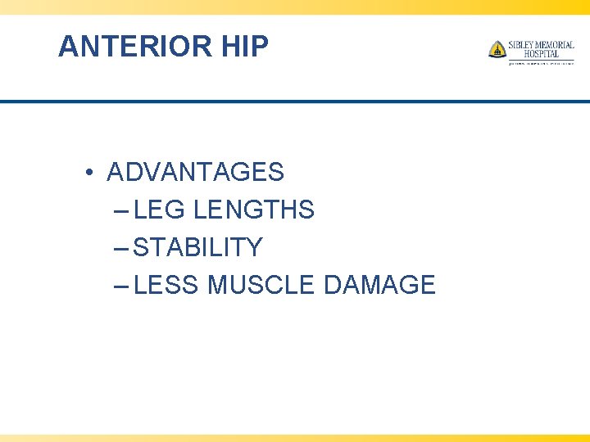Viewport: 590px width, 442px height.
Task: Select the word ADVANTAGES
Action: click(x=195, y=173)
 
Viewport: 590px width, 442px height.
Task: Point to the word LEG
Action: click(x=159, y=210)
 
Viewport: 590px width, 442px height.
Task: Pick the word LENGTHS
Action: click(x=254, y=210)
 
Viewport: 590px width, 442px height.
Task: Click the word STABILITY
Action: click(x=197, y=247)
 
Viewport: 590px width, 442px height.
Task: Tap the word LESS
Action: click(x=167, y=285)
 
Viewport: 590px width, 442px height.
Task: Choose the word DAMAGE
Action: click(x=379, y=285)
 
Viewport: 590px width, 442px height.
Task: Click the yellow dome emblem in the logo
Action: click(x=497, y=49)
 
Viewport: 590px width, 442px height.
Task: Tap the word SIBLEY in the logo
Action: click(x=521, y=45)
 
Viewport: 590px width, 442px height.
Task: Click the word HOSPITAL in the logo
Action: click(x=541, y=54)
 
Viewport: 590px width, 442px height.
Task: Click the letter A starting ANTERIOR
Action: click(x=67, y=47)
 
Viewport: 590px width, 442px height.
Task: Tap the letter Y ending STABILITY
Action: click(x=255, y=247)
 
